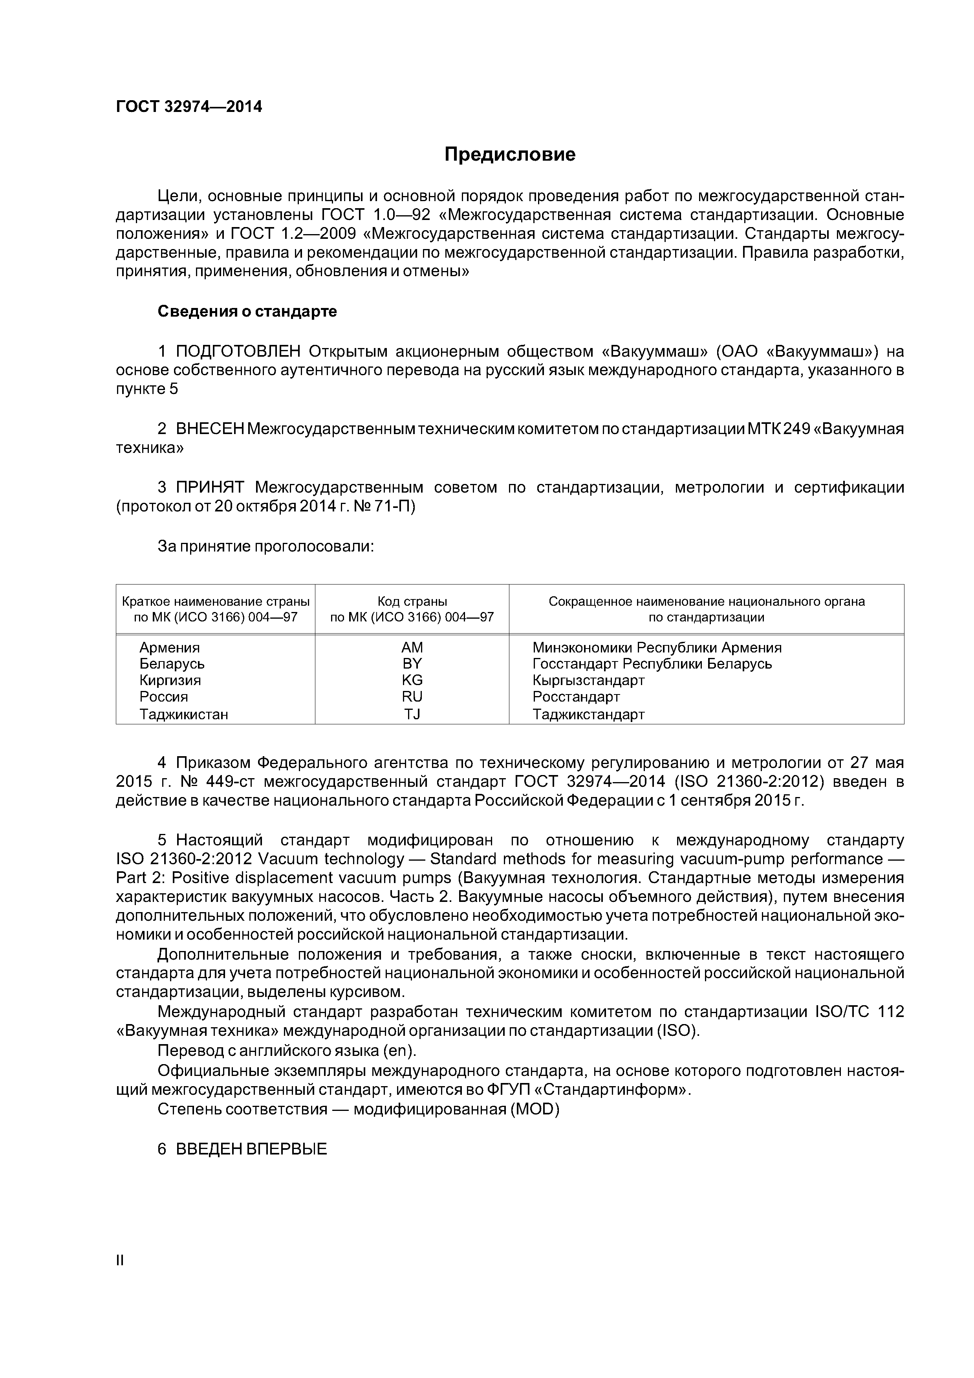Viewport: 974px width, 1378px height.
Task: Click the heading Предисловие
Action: [x=509, y=155]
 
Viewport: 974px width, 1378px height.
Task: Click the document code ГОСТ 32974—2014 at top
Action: [x=189, y=107]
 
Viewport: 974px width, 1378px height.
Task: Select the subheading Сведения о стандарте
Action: [x=247, y=312]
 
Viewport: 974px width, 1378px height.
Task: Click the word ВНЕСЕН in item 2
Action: [x=210, y=429]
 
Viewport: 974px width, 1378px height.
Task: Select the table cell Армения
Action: [x=169, y=648]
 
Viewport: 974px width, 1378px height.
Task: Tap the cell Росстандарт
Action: [x=575, y=697]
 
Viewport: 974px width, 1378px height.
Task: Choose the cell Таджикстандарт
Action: [x=588, y=714]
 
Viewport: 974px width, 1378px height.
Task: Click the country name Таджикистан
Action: [x=184, y=714]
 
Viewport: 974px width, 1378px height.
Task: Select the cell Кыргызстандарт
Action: [x=588, y=680]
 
